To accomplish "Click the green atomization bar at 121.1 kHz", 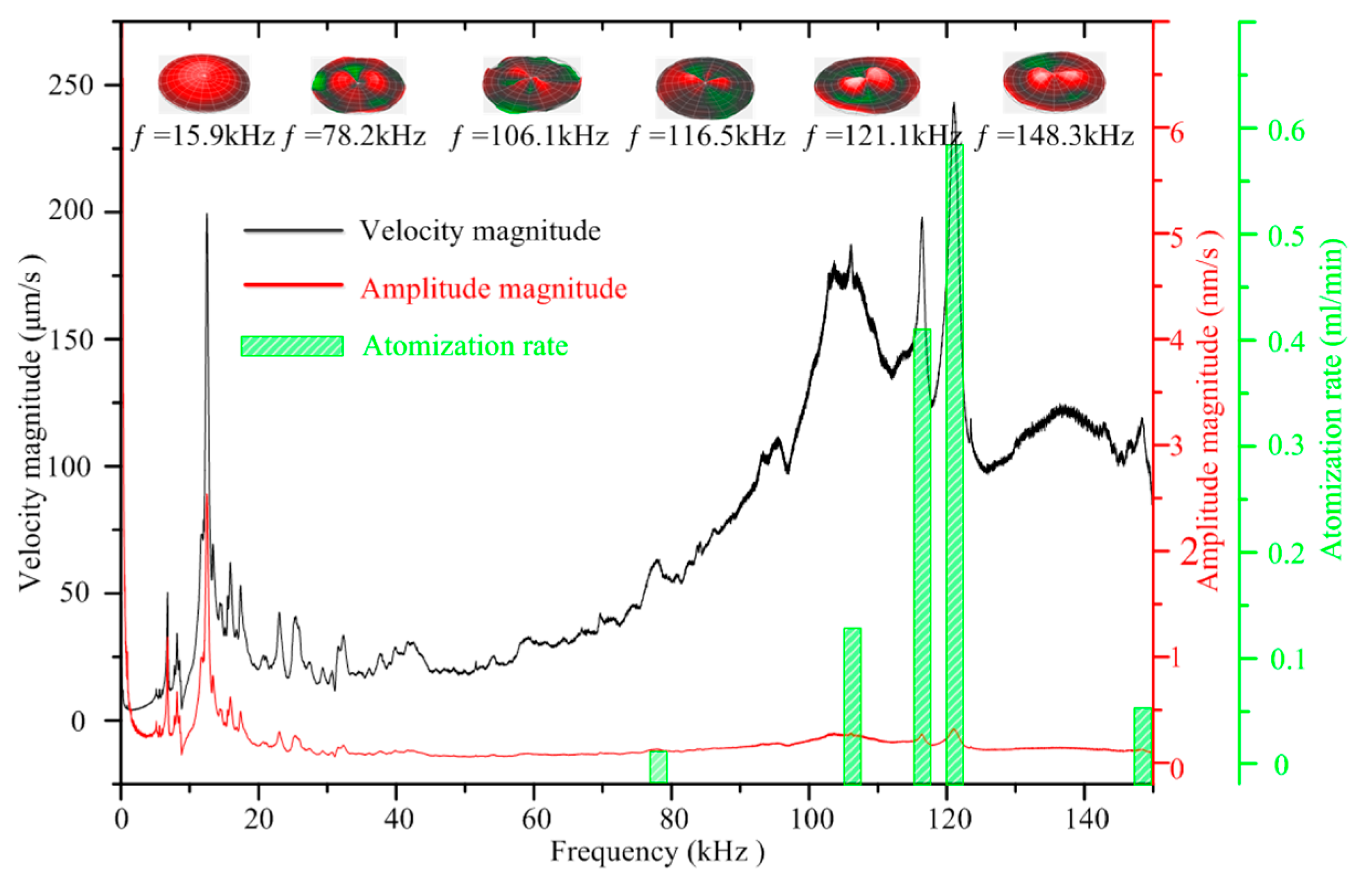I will click(954, 463).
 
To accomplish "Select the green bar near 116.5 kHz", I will click(922, 555).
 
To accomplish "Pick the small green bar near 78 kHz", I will click(658, 767).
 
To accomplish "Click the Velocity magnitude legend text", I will click(480, 231).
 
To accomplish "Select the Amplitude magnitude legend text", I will click(493, 288).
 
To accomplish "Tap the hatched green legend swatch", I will click(292, 346).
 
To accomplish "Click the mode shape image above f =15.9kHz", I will click(204, 83).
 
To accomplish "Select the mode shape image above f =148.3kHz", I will click(1054, 82).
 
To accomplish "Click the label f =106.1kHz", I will click(529, 137).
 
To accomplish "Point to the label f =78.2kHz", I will click(354, 137).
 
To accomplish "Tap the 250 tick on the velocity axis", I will click(70, 86).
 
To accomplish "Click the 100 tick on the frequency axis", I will click(809, 819).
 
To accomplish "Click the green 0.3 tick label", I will click(1286, 446).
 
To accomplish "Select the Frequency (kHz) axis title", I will click(658, 852).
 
